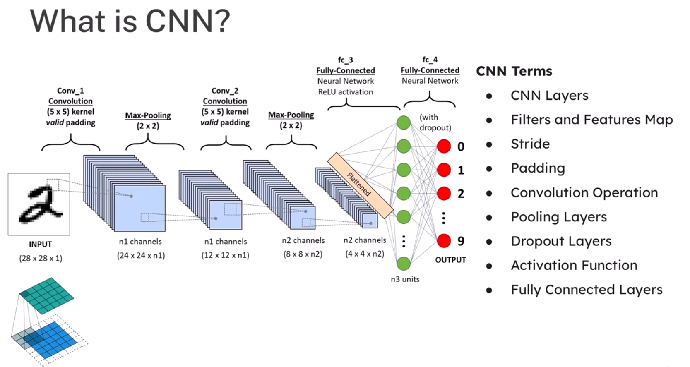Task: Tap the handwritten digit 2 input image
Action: (x=39, y=204)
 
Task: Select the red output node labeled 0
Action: (x=444, y=146)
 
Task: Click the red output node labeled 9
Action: (x=444, y=241)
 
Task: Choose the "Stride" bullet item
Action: (x=530, y=144)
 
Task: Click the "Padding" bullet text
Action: (x=537, y=168)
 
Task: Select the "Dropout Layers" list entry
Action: (x=561, y=241)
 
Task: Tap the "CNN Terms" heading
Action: (x=514, y=71)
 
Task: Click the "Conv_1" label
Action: (x=70, y=91)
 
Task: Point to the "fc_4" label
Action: (x=430, y=60)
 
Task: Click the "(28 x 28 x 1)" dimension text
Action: (x=41, y=258)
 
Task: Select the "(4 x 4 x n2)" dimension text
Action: (x=365, y=254)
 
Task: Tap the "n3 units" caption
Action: (x=405, y=279)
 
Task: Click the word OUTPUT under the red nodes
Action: (x=450, y=260)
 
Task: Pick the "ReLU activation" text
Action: (x=345, y=92)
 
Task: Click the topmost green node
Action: (x=404, y=122)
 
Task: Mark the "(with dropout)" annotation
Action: (x=435, y=122)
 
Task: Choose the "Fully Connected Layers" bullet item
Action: (x=586, y=290)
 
